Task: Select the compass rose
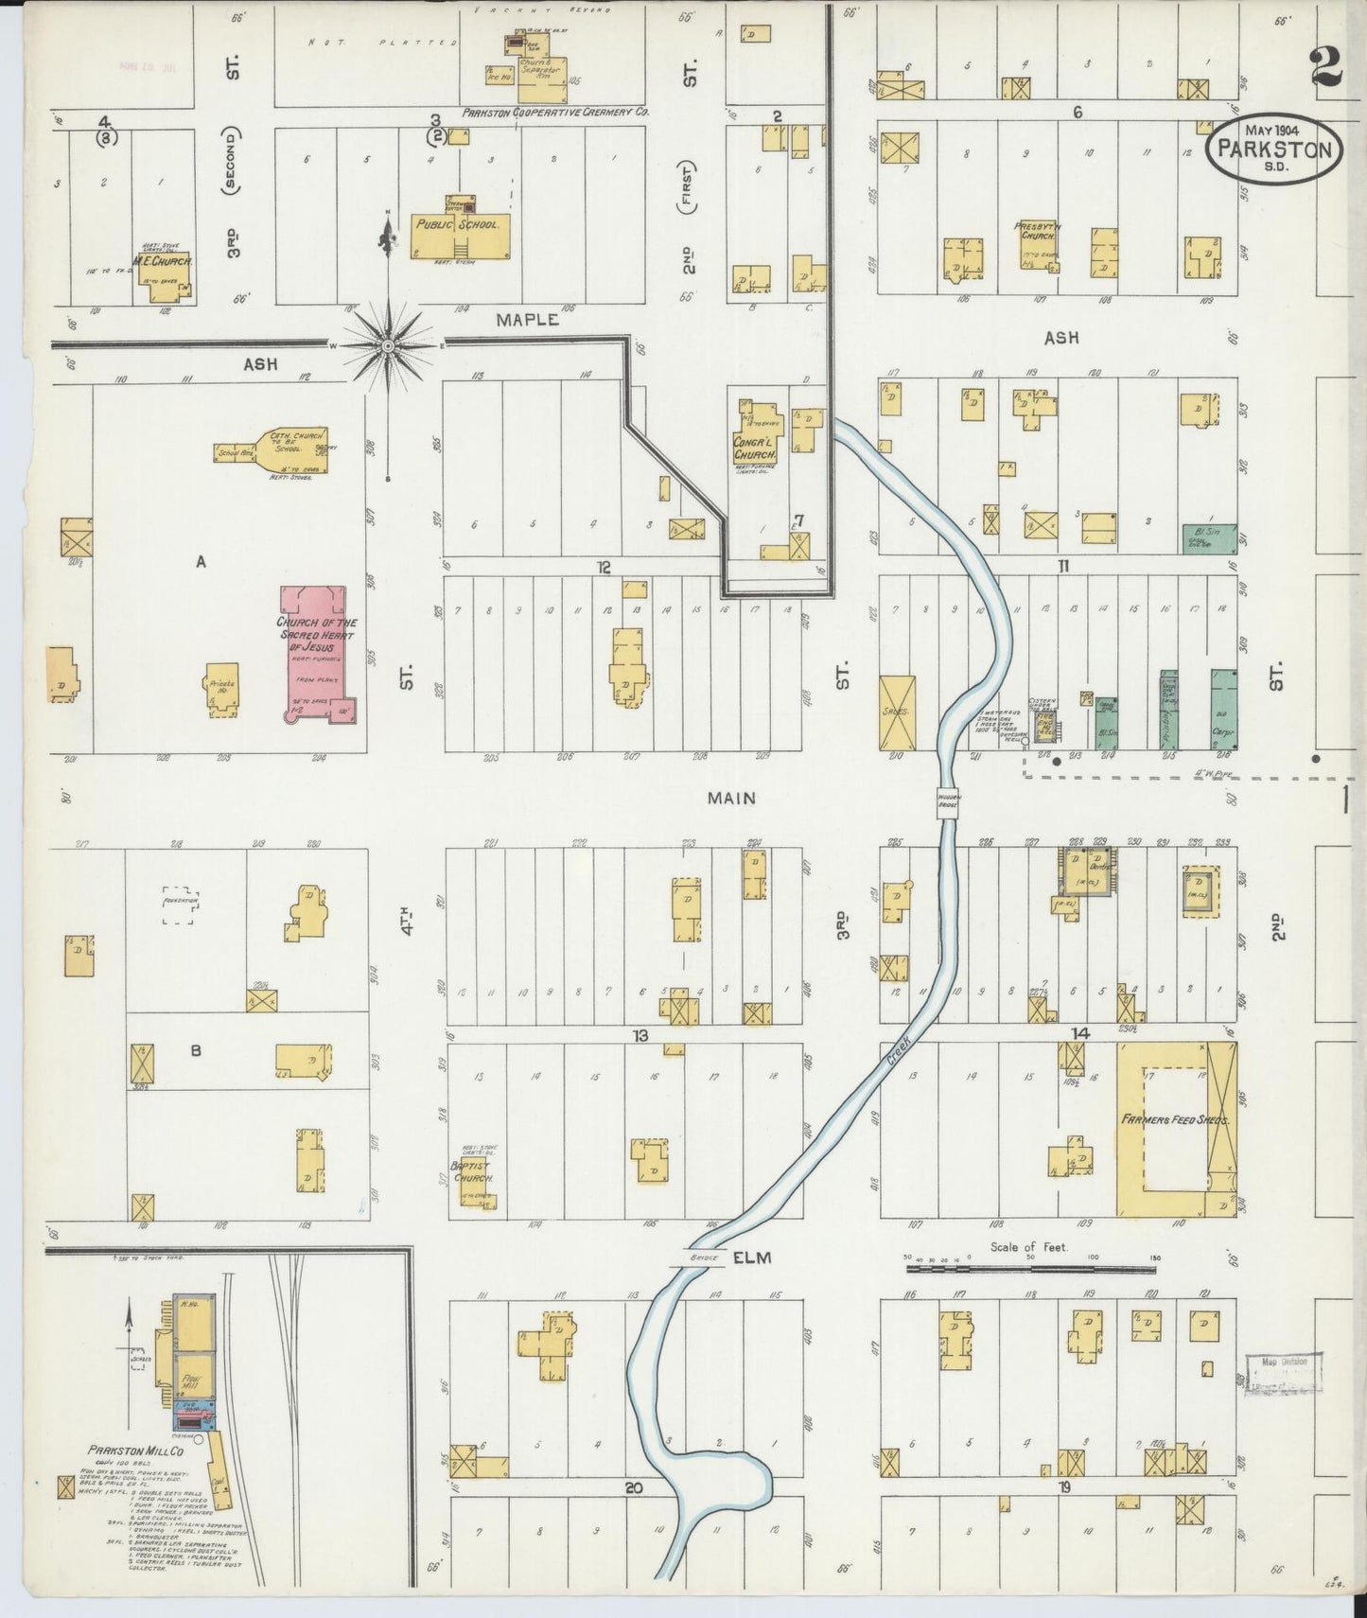[x=387, y=346]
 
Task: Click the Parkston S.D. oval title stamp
[x=1274, y=149]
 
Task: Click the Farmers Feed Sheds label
[x=1175, y=1118]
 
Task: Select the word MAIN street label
[x=731, y=798]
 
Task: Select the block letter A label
[x=201, y=562]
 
